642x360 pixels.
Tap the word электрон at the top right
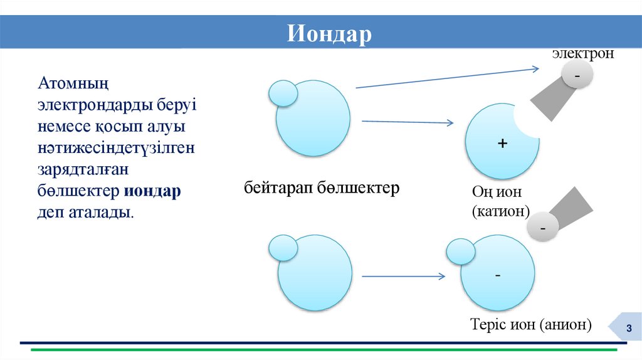582,54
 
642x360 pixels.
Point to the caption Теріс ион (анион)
530,324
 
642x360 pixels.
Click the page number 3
628,330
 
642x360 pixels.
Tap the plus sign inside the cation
502,144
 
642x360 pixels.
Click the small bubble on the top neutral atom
283,93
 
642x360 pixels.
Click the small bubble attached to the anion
460,252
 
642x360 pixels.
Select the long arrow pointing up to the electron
448,77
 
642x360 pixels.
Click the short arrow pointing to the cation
408,122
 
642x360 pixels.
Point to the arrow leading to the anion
404,276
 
